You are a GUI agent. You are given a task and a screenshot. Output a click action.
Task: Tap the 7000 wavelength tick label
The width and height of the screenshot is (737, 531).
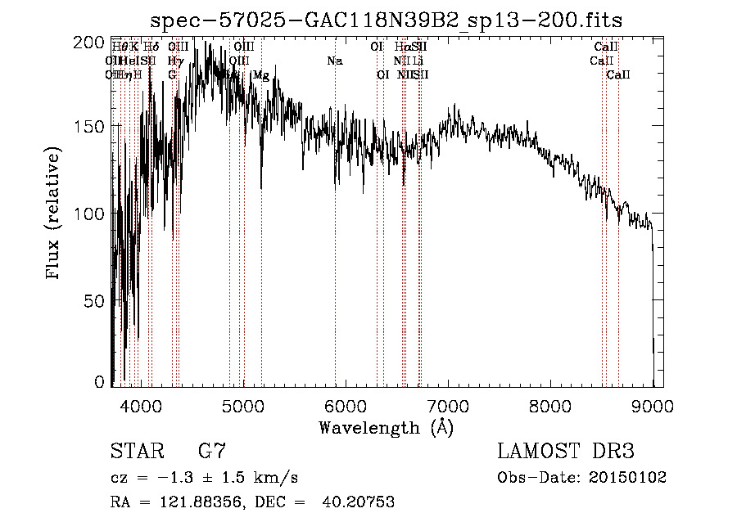tap(448, 406)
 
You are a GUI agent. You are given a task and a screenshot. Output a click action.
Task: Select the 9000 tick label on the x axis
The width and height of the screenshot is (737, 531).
tap(653, 406)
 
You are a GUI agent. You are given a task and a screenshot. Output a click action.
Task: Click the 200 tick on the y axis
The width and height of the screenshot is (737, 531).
tap(94, 43)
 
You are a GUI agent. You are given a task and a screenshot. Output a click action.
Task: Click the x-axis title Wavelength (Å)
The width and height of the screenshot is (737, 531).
tap(387, 427)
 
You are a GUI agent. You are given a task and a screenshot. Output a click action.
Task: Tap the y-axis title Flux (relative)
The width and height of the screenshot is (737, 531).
tap(55, 214)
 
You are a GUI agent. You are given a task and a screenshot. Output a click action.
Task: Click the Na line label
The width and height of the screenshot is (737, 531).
tap(334, 61)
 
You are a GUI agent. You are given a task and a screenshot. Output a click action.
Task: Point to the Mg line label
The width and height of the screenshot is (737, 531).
tap(260, 75)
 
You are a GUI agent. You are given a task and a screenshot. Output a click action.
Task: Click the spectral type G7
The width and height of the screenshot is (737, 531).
tap(211, 452)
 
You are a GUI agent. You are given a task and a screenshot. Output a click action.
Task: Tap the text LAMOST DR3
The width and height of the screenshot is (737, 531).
tap(566, 452)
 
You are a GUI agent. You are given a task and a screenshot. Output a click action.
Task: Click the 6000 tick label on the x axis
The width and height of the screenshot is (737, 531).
tap(346, 406)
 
